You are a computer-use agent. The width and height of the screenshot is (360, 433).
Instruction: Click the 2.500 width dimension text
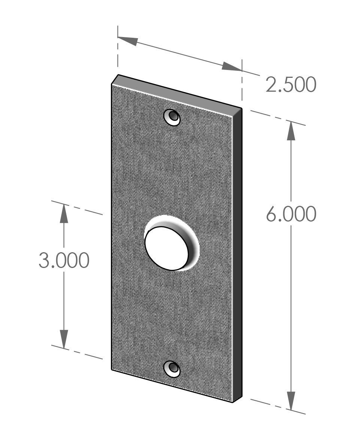pos(291,85)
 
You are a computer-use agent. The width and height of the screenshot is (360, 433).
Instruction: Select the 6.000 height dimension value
pos(291,214)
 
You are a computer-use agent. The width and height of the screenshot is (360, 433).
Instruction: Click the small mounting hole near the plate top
pos(172,118)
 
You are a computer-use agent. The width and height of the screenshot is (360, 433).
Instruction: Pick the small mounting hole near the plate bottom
pos(172,369)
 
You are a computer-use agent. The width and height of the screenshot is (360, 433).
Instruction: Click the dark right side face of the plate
pos(237,254)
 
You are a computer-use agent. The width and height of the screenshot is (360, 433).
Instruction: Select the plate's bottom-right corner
pos(234,402)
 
